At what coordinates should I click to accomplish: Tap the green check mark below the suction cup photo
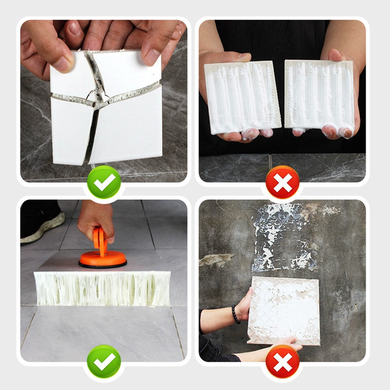(104, 361)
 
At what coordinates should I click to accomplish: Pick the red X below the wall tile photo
(282, 361)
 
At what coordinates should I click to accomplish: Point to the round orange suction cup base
(102, 259)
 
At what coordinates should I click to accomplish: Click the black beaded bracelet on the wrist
(236, 314)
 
